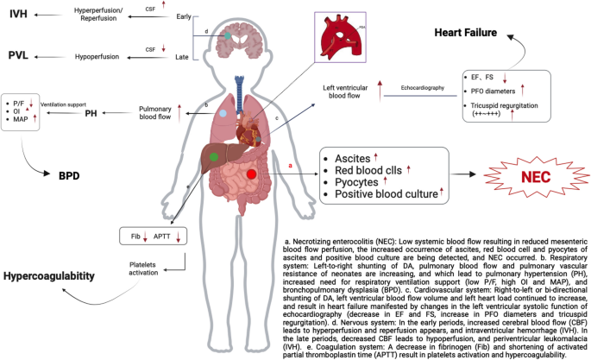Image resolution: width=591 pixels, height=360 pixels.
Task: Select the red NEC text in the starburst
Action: click(519, 174)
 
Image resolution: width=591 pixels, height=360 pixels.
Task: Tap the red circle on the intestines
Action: click(251, 174)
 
